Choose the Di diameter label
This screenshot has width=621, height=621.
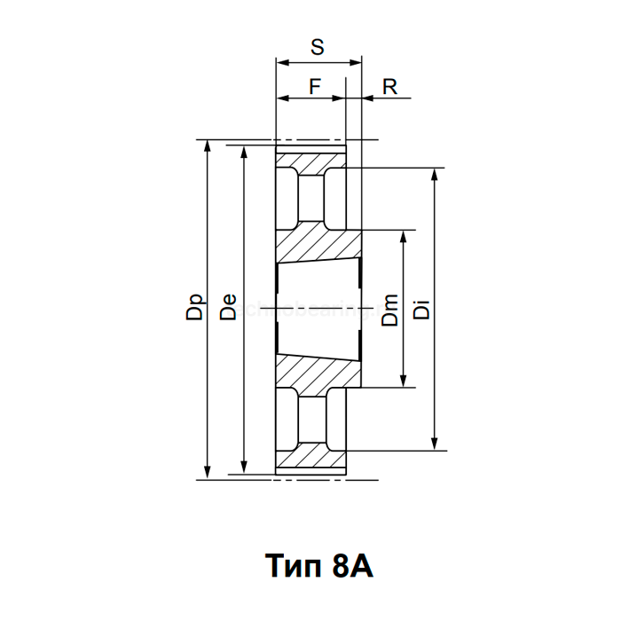click(x=422, y=310)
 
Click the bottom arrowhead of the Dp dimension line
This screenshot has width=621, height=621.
click(x=208, y=472)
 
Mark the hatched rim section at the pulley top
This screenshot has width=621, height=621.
click(x=310, y=164)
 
